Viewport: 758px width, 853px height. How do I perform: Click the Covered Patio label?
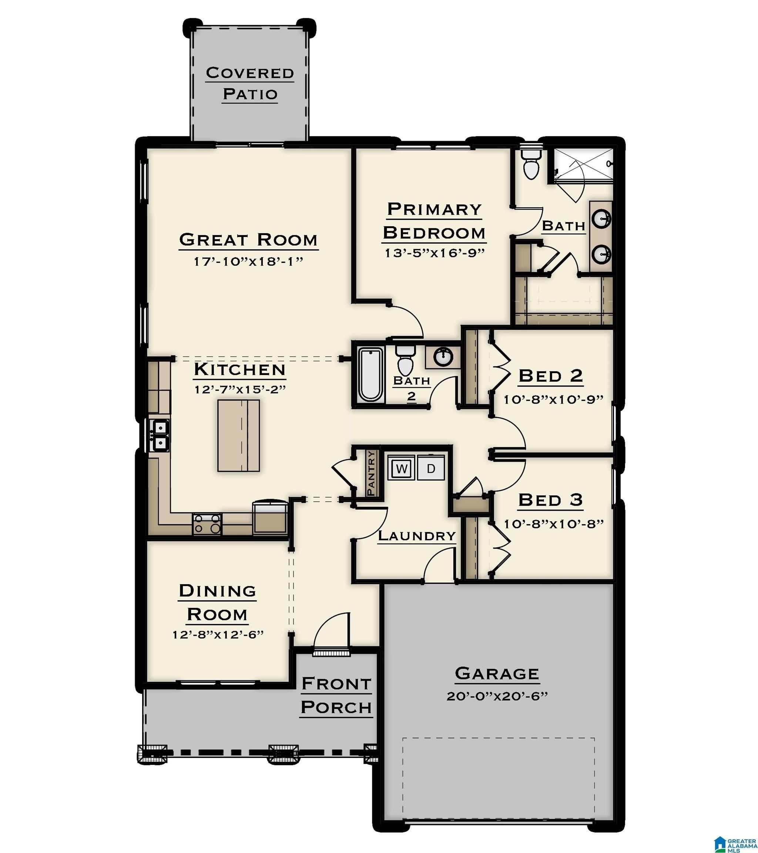(x=250, y=83)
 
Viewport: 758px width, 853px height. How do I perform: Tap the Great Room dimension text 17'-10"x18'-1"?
(x=248, y=262)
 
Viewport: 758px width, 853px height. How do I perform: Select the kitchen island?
(x=238, y=436)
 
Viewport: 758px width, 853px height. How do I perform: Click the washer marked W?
(x=401, y=468)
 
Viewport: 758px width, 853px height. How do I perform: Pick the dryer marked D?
(x=431, y=468)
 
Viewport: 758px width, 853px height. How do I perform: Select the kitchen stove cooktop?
(x=207, y=524)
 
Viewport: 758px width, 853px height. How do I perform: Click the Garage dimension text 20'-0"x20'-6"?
(x=496, y=696)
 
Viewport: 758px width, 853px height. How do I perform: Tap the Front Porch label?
(x=336, y=695)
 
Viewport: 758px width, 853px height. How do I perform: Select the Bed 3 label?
(x=550, y=500)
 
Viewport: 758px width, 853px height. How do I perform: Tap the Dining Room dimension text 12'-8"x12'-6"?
(x=218, y=635)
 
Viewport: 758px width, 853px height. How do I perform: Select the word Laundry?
(x=416, y=536)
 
